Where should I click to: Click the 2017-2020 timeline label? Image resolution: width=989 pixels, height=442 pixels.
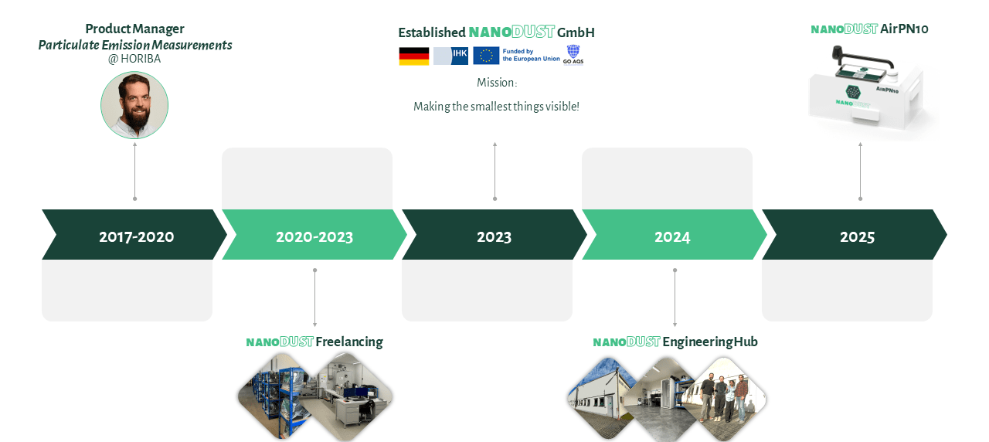137,237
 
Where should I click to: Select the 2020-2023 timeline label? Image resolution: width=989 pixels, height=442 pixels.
314,237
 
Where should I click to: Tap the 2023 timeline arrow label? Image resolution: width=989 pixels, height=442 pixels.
494,237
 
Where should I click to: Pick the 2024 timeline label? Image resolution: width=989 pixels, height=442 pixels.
672,237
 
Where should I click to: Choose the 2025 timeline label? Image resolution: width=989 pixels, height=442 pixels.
857,237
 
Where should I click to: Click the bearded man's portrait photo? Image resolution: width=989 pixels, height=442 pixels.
134,105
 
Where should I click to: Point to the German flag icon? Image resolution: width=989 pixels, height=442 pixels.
413,56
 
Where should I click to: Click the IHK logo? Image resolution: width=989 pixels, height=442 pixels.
450,56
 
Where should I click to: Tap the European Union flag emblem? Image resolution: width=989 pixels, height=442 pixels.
486,56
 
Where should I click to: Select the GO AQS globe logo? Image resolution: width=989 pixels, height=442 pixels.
573,55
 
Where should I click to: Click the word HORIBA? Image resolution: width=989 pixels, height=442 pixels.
141,59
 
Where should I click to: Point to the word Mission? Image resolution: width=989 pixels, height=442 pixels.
496,83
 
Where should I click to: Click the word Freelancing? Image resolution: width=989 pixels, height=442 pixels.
349,342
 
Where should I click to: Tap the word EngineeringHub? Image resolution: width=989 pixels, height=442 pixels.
710,342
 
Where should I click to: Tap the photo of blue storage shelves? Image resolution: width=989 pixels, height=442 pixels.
274,397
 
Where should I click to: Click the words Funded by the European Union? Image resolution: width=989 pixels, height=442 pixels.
531,55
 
